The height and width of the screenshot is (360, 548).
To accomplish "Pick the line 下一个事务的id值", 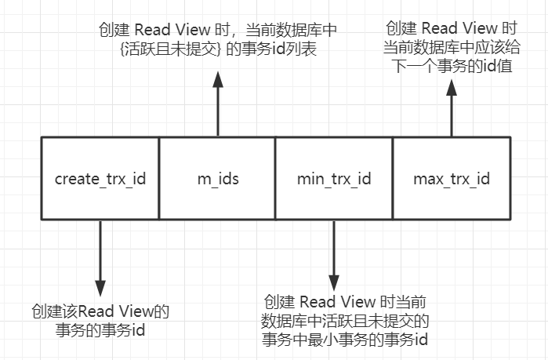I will [451, 66].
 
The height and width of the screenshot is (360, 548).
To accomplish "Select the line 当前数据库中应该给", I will [451, 48].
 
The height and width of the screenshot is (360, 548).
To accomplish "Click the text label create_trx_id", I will [100, 179].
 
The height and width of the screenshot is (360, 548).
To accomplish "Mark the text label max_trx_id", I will [451, 179].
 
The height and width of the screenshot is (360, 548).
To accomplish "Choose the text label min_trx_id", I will [333, 179].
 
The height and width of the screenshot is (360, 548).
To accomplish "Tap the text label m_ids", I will [217, 179].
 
